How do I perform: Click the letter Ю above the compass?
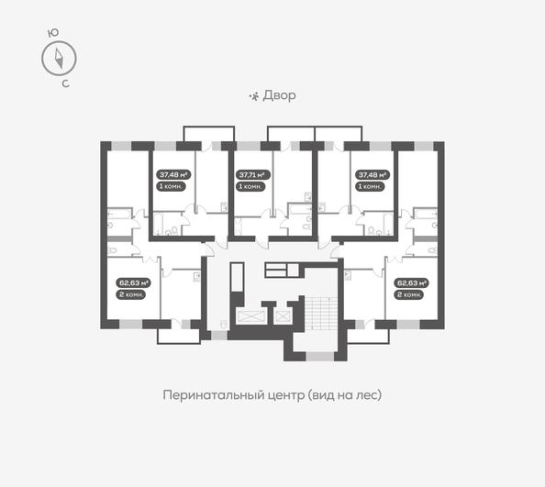pos(53,33)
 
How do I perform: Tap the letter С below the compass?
pos(65,84)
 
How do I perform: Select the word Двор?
pos(281,95)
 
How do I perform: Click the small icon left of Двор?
pos(255,95)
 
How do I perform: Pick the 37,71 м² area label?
pos(251,174)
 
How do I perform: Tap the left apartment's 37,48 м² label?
pos(172,174)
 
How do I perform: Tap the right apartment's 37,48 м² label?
pos(373,174)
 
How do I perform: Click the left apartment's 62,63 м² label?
pos(133,283)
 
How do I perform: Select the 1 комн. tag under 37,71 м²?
pos(251,186)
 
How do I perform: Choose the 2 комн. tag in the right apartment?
pos(408,295)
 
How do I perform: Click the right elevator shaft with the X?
pos(283,315)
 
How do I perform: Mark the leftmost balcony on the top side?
pos(203,135)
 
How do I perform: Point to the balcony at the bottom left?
pos(178,334)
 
